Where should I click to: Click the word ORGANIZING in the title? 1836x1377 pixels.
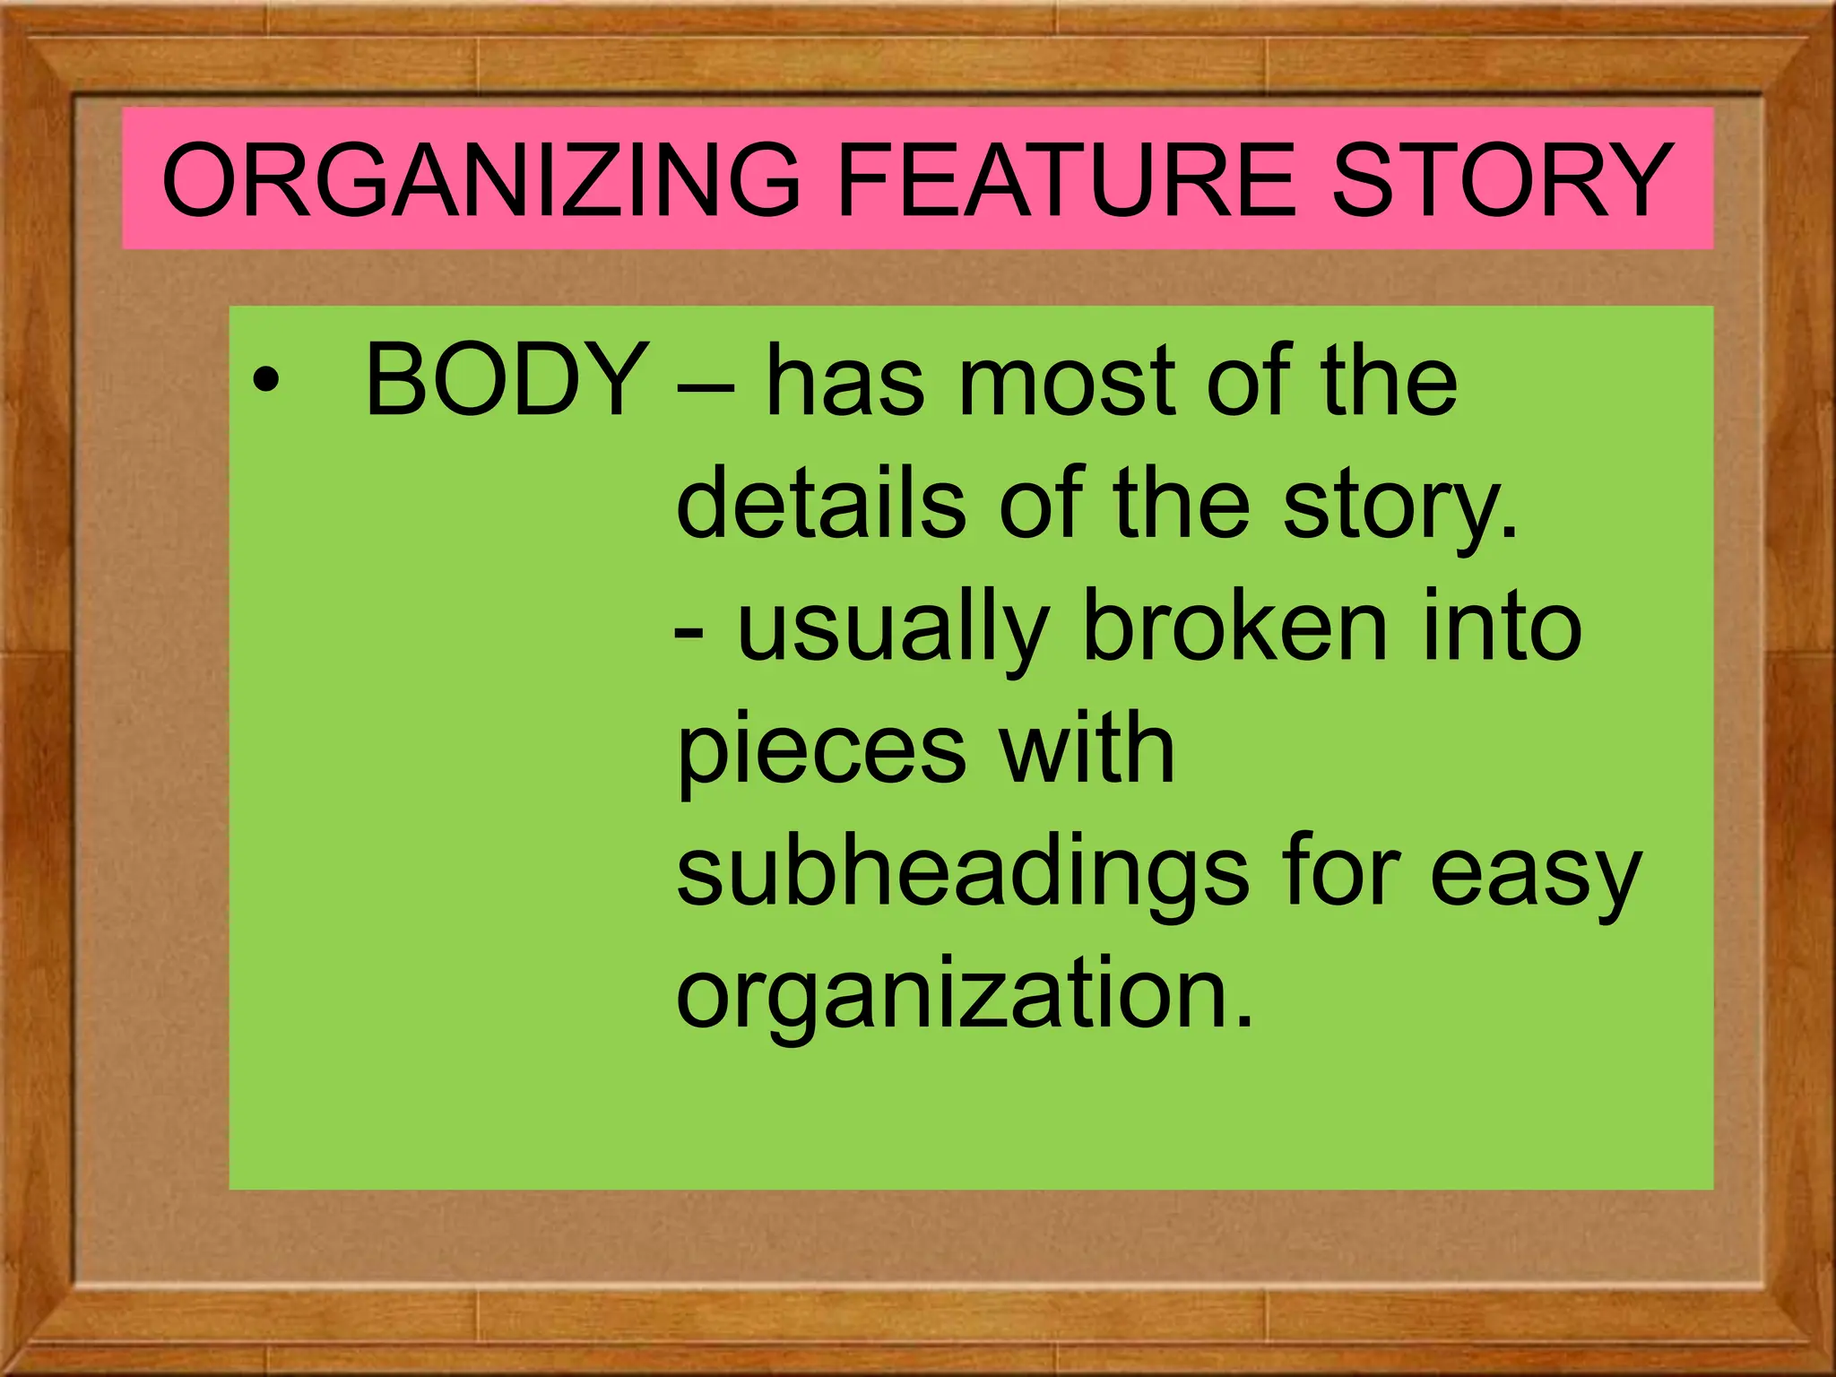coord(480,180)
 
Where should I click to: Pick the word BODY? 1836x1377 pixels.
coord(507,382)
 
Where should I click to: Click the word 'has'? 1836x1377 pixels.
coord(844,382)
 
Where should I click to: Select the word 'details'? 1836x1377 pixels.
coord(820,504)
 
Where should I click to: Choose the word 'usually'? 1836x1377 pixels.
coord(893,632)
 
